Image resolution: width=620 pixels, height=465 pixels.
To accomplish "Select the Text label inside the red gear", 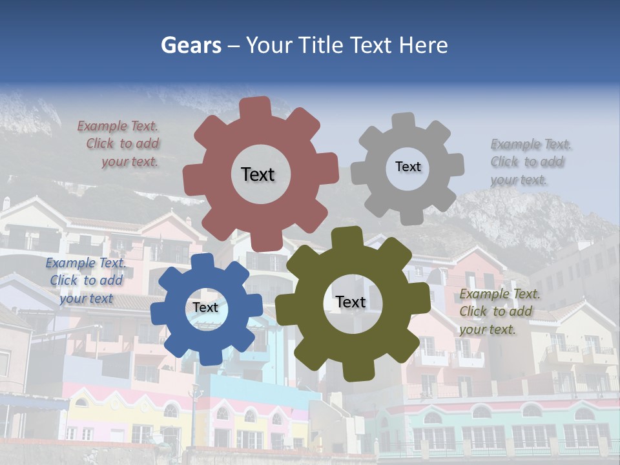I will click(x=258, y=174).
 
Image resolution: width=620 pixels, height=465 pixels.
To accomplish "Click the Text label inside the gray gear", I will click(x=408, y=167).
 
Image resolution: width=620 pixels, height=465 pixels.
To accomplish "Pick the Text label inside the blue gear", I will click(x=205, y=308).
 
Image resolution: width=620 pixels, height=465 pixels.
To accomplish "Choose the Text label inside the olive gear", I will click(x=350, y=302).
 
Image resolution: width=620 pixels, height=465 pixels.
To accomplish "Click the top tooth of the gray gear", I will click(x=404, y=121).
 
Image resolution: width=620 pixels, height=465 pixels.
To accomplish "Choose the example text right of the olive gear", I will click(x=499, y=311).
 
